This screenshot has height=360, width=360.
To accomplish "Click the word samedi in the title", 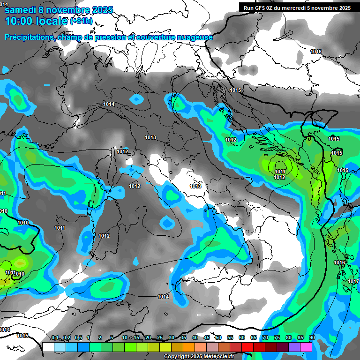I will pos(22,9).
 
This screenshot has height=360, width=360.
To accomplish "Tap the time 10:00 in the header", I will pos(18,21).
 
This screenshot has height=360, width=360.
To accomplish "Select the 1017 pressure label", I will pos(353,281).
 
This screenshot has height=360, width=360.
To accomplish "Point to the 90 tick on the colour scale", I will pos(312,338).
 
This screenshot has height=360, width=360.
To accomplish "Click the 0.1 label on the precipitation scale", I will pos(54,338).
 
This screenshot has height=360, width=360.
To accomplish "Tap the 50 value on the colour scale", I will pos(218,338).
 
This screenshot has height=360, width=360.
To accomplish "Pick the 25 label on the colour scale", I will pos(160,338).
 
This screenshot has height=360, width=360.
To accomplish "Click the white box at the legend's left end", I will pos(48,347).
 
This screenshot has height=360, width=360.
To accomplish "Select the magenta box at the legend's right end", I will pos(306,347).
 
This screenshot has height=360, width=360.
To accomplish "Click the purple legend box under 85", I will pos(294,347).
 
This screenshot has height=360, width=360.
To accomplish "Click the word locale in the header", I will pos(51,21).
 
